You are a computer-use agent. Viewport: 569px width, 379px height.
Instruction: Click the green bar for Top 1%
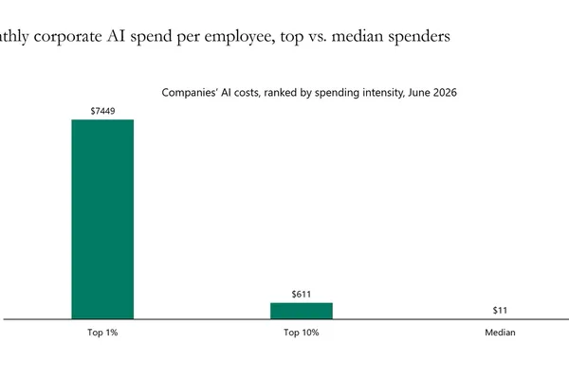(x=102, y=219)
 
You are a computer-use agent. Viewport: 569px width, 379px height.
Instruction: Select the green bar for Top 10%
(x=302, y=311)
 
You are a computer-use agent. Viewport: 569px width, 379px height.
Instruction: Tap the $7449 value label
(x=102, y=111)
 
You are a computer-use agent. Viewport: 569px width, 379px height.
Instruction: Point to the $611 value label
(x=302, y=294)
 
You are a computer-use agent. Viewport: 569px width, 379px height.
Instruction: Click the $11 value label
(x=500, y=311)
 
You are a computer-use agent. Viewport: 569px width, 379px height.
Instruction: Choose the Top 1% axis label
(x=102, y=333)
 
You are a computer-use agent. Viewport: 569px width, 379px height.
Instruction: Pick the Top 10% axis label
(x=302, y=333)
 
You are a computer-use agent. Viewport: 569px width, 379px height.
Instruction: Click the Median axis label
(x=500, y=333)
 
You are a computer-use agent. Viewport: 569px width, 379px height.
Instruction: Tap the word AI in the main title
(x=115, y=37)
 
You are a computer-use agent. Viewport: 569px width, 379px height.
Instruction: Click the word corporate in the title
(x=68, y=37)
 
